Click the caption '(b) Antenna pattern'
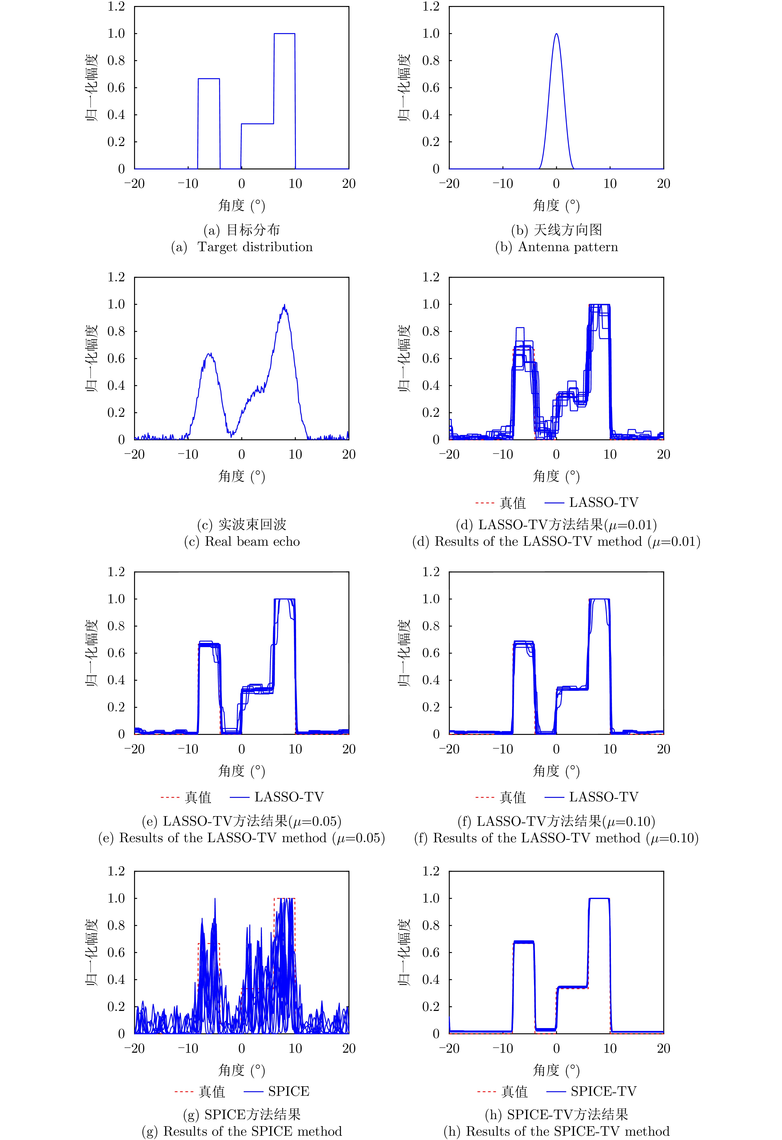(x=556, y=247)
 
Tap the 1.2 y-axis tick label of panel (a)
(x=116, y=6)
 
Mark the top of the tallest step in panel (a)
(x=284, y=34)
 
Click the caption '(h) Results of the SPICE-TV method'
(x=556, y=1131)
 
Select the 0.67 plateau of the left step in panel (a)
(x=209, y=78)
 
